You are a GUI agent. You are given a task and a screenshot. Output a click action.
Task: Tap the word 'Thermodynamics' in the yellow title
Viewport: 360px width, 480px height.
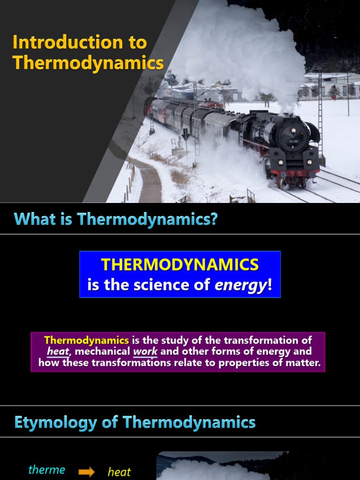(x=88, y=63)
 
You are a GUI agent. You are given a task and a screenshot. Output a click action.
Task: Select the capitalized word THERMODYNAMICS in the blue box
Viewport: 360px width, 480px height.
(x=180, y=265)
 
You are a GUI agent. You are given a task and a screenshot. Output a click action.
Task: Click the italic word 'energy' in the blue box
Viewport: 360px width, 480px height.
(x=240, y=285)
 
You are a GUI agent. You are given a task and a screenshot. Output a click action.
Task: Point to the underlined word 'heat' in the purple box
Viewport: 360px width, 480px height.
(x=58, y=352)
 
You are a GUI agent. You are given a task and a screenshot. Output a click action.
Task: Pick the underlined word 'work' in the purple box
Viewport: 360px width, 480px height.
(x=145, y=352)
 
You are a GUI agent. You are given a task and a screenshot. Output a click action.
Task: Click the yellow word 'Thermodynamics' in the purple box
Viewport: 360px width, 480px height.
(x=86, y=340)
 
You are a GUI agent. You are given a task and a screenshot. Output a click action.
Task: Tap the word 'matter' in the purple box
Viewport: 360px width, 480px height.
(x=303, y=363)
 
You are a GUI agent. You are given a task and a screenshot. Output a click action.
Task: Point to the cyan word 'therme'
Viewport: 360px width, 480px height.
(x=47, y=470)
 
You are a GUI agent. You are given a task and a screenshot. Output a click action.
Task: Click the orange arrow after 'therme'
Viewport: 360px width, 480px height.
(x=86, y=472)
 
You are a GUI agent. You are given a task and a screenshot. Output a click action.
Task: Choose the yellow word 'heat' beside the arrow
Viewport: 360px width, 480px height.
(x=119, y=472)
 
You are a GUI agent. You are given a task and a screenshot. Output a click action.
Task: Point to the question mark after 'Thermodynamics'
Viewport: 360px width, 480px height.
(x=214, y=219)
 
